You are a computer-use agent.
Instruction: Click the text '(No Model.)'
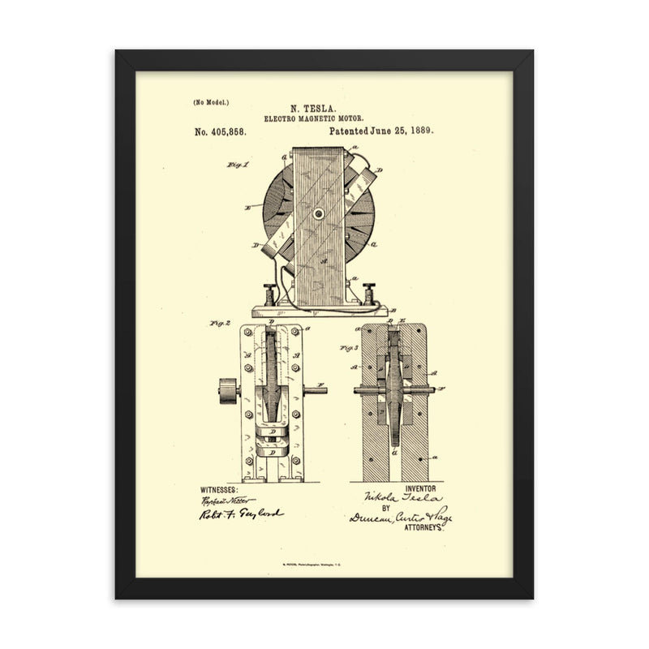pyautogui.click(x=211, y=102)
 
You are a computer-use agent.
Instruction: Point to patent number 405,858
pyautogui.click(x=225, y=130)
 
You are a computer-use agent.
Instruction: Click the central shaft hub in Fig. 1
pyautogui.click(x=320, y=214)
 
